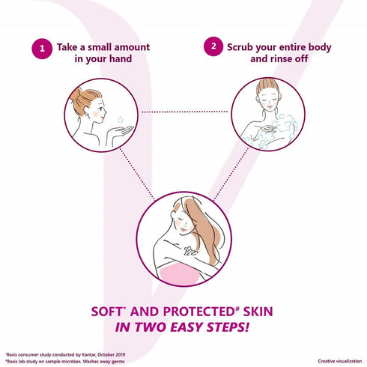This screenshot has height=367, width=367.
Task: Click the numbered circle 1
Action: (42, 49)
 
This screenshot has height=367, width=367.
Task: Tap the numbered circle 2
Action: (213, 46)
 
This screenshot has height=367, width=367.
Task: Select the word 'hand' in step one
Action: (121, 59)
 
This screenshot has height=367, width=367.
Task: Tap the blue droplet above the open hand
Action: (121, 119)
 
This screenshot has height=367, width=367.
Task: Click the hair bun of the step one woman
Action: (76, 95)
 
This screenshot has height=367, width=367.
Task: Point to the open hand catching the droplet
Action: (122, 131)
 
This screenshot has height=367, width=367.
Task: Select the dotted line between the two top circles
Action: (184, 112)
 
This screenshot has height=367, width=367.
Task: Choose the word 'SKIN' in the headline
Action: (258, 312)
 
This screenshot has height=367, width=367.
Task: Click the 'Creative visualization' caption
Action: (340, 361)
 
